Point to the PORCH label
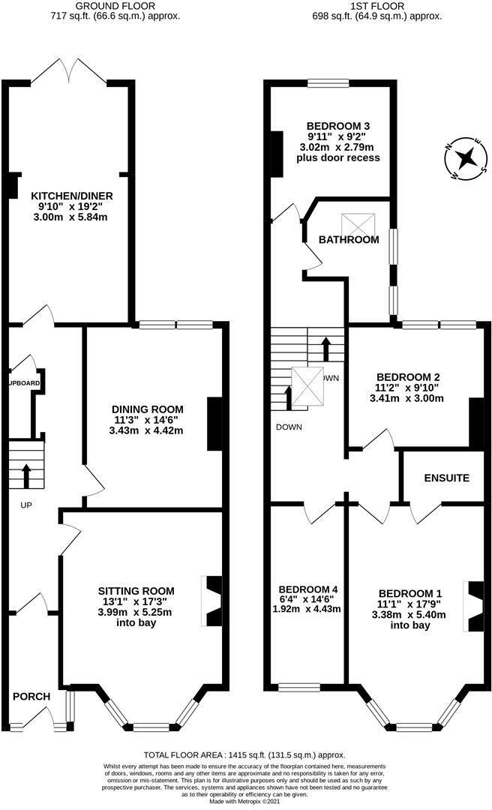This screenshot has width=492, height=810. click(31, 697)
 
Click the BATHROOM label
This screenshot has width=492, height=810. click(349, 240)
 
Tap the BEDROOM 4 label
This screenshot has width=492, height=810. click(308, 589)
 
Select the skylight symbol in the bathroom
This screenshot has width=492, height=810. click(355, 224)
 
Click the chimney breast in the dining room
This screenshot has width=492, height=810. click(214, 424)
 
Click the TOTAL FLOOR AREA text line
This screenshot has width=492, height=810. click(245, 755)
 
